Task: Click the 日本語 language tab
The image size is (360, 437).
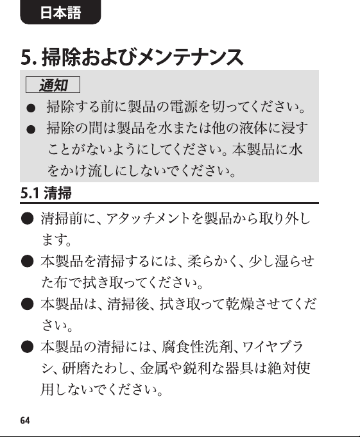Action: tap(60, 12)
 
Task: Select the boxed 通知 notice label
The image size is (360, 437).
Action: tap(53, 85)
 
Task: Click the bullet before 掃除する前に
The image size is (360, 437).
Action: tap(31, 108)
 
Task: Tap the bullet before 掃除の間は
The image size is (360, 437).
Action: tap(31, 130)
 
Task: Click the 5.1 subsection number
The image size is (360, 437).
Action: tap(30, 193)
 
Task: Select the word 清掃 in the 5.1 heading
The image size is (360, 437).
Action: tap(58, 193)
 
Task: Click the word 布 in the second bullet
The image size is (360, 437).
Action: tap(62, 282)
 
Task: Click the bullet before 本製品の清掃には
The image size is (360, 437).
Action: tap(28, 347)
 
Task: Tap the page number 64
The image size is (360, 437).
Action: tap(25, 420)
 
